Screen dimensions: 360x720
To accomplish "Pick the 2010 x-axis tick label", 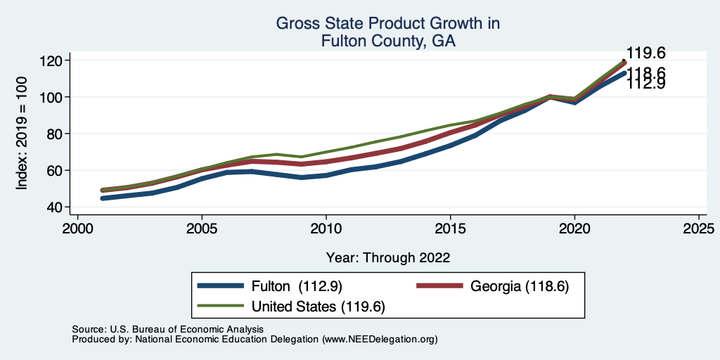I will click(326, 230).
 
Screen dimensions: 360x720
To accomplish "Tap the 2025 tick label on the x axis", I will click(699, 230).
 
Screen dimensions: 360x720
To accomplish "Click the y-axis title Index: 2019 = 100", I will click(22, 134).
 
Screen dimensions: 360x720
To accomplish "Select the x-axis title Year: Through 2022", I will click(388, 257).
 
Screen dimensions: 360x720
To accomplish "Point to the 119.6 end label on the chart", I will click(645, 53).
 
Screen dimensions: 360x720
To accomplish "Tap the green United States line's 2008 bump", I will click(277, 154).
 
